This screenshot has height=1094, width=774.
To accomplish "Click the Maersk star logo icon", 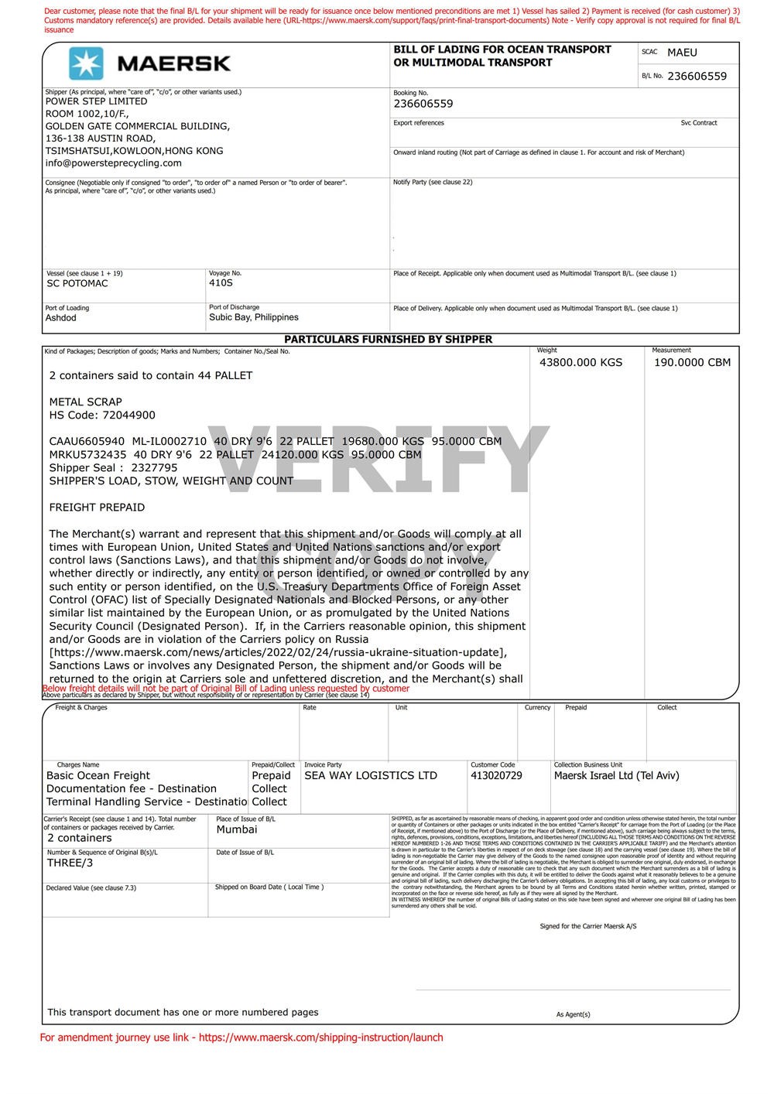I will [x=86, y=63].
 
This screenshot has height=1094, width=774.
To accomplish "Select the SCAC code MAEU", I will [x=682, y=53].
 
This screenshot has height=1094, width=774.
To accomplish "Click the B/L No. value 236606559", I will [x=697, y=76].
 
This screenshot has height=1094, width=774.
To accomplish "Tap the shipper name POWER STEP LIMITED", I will [x=96, y=101].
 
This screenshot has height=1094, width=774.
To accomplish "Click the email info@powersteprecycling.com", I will [x=113, y=163].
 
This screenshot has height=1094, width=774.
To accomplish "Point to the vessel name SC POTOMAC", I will [x=77, y=283].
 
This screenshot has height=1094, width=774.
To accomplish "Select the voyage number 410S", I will [x=221, y=283].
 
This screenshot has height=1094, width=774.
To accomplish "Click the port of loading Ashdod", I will [x=61, y=318].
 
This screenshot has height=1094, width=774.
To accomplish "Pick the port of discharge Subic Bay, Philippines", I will [x=253, y=317].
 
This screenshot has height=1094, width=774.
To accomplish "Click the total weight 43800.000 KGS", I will [x=580, y=362].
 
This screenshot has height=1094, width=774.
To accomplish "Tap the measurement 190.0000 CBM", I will [x=692, y=362].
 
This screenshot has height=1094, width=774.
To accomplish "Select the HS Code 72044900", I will [x=123, y=415].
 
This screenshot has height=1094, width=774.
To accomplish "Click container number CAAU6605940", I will [x=87, y=442].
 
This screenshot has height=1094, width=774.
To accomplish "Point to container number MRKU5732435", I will [x=87, y=455].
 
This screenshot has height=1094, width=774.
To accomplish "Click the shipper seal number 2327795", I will [x=154, y=468].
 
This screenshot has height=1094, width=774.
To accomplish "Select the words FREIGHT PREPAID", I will [x=97, y=508].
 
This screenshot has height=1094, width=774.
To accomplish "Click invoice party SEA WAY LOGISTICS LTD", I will [x=371, y=776].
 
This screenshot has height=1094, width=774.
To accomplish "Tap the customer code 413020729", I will [x=496, y=776].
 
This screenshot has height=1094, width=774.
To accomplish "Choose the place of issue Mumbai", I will [x=237, y=829].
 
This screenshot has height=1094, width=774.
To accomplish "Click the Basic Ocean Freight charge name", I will [x=98, y=776].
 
